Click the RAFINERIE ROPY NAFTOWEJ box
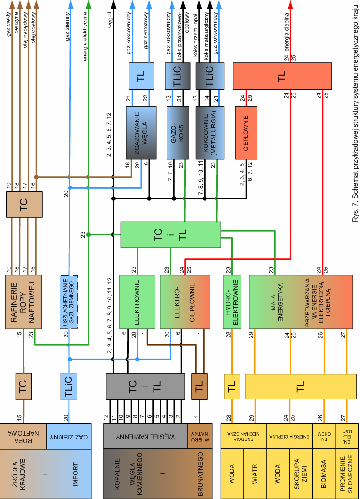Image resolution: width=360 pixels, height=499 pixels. pos(24,301)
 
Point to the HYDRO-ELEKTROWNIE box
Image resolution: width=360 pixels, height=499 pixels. pos(232,301)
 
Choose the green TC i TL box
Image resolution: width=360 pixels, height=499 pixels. pos(171,234)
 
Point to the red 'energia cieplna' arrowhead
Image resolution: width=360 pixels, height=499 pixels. pos(291,6)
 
